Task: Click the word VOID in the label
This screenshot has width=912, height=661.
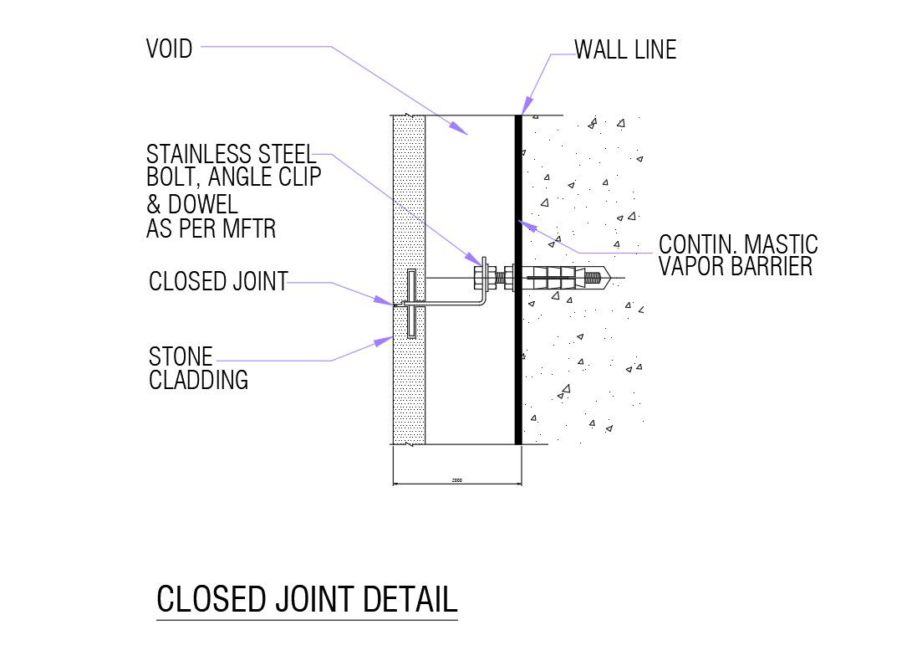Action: pos(169,49)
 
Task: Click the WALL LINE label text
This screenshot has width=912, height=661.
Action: pos(625,50)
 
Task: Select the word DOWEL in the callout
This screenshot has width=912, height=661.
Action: pos(203,204)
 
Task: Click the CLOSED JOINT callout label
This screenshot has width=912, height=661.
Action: pos(217,282)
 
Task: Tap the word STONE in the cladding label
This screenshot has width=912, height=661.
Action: pos(181,356)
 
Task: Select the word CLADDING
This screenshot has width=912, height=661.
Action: pos(198,380)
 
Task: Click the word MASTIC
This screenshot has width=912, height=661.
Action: pos(779,244)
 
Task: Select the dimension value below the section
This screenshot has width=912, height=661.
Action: pos(456,480)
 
